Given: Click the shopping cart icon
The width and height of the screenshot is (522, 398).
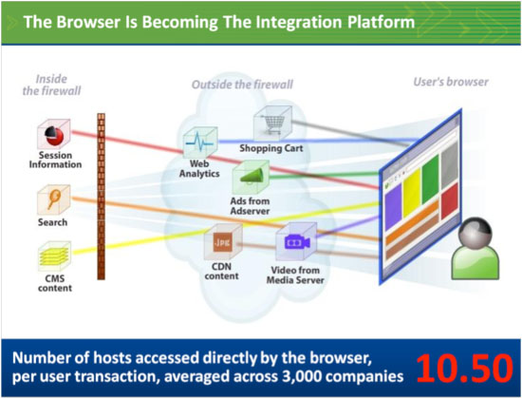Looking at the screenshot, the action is (272, 123).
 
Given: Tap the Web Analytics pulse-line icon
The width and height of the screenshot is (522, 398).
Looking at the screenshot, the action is (200, 142).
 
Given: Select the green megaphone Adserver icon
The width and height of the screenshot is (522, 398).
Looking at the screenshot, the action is (251, 177).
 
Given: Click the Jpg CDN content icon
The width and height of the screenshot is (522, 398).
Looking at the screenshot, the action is (223, 242).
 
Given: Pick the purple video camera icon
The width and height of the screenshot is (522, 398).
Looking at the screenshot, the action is (296, 242).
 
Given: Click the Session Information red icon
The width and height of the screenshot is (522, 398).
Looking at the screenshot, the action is (53, 134).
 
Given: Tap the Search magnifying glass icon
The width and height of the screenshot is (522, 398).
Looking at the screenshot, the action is (53, 199).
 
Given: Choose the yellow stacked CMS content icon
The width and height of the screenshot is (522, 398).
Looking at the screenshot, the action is (55, 256).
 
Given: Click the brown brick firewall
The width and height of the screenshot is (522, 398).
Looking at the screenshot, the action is (102, 197).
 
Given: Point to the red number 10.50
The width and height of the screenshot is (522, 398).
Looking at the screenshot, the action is (464, 369).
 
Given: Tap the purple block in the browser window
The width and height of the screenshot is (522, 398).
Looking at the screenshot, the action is (393, 206).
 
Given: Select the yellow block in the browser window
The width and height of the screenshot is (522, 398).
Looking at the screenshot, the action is (412, 193).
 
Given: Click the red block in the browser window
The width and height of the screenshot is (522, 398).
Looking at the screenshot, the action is (450, 201).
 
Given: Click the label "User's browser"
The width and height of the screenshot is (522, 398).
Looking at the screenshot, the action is (451, 82).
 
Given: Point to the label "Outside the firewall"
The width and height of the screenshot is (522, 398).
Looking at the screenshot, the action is (242, 85).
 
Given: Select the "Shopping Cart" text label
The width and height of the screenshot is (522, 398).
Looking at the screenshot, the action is (271, 148).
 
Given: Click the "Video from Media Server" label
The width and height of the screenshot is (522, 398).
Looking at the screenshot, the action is (295, 275).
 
